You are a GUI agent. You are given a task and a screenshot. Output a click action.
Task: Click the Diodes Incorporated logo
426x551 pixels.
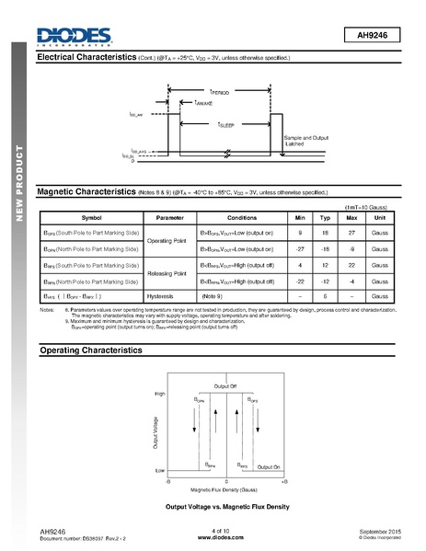click(73, 35)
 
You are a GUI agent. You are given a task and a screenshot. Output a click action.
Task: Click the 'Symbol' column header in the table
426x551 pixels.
click(91, 217)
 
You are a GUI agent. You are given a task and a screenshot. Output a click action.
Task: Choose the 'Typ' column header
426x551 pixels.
click(324, 217)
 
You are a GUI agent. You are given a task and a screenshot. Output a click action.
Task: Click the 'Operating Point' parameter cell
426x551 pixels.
click(169, 240)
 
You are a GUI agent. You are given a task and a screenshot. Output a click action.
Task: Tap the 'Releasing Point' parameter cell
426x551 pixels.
click(169, 272)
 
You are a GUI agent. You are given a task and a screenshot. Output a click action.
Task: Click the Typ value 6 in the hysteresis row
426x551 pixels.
click(324, 296)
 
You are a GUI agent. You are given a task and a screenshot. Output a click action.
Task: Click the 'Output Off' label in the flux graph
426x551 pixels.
click(225, 384)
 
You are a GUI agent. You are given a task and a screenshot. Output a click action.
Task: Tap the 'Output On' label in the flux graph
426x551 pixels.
click(270, 466)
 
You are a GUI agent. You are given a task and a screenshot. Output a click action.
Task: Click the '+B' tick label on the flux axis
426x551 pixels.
click(284, 481)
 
